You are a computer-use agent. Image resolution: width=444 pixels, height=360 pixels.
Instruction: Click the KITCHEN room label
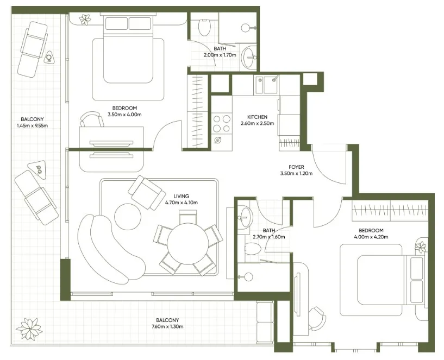[x=257, y=117]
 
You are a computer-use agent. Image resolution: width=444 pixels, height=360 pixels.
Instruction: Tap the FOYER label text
[x=296, y=167]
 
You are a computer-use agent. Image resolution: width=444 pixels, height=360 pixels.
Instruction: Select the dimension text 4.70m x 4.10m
[x=182, y=203]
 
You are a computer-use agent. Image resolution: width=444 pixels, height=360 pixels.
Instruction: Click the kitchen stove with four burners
[x=221, y=124]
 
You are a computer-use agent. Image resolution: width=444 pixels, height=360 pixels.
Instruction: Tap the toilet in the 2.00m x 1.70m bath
[x=205, y=27]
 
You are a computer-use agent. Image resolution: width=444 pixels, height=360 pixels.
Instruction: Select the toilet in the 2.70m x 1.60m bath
[x=252, y=249]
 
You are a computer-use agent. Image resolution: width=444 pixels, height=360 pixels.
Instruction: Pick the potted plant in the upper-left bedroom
[x=85, y=20]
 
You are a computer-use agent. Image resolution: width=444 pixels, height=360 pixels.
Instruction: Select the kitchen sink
[x=268, y=85]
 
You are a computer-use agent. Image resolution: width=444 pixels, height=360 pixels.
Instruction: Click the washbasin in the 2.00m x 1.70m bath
[x=250, y=57]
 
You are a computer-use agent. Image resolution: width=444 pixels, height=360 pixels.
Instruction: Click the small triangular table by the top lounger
[x=50, y=57]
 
